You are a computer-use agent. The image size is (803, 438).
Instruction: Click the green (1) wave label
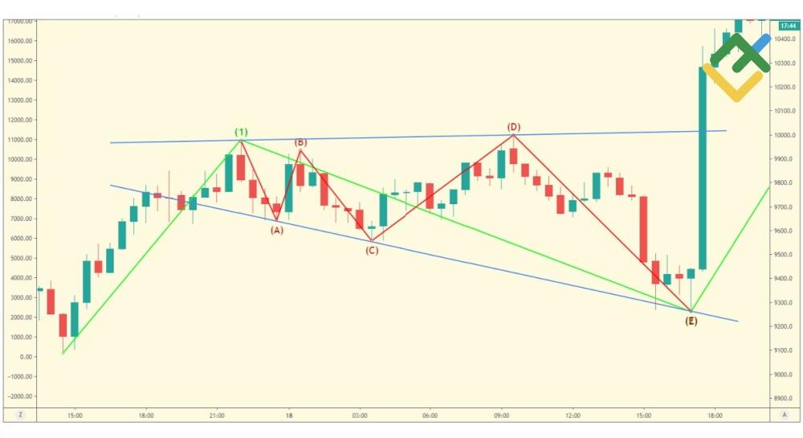pyautogui.click(x=241, y=132)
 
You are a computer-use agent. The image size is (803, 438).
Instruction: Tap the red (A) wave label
pyautogui.click(x=276, y=230)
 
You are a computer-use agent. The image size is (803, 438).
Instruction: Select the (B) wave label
pyautogui.click(x=300, y=143)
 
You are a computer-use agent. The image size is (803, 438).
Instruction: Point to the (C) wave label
pyautogui.click(x=372, y=251)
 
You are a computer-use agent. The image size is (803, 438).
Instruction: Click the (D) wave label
pyautogui.click(x=514, y=127)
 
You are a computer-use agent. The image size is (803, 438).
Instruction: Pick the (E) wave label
pyautogui.click(x=691, y=321)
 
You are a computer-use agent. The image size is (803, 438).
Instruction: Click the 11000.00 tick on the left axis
pyautogui.click(x=19, y=140)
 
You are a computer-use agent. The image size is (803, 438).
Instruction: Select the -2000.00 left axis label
pyautogui.click(x=18, y=396)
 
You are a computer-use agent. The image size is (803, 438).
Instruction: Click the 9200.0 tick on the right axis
pyautogui.click(x=785, y=327)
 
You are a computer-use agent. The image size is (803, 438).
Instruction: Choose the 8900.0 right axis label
pyautogui.click(x=785, y=399)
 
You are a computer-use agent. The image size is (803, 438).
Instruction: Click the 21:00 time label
pyautogui.click(x=217, y=415)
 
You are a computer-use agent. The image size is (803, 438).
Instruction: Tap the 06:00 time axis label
pyautogui.click(x=430, y=415)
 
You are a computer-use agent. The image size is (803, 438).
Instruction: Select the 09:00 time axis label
pyautogui.click(x=501, y=415)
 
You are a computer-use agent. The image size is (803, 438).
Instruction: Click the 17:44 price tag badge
pyautogui.click(x=786, y=26)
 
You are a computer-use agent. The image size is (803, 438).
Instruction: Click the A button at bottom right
pyautogui.click(x=785, y=415)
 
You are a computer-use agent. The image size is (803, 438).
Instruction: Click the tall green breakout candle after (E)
pyautogui.click(x=702, y=168)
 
